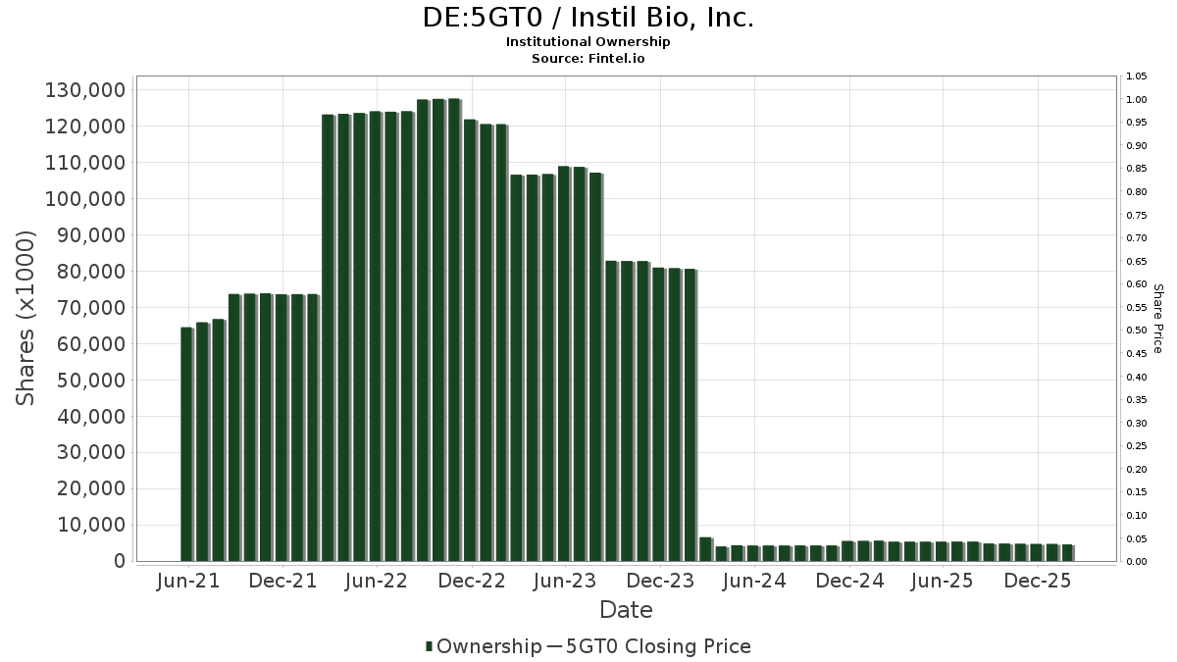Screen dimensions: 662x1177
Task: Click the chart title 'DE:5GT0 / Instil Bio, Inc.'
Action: (x=588, y=18)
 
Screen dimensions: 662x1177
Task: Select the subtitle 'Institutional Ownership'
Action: (x=588, y=42)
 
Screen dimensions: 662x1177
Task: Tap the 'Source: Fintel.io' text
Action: (x=588, y=59)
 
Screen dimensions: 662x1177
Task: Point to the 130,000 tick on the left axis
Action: (x=85, y=90)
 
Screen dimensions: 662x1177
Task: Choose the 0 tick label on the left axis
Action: (x=119, y=561)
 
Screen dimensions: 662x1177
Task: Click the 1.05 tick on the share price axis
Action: (x=1137, y=76)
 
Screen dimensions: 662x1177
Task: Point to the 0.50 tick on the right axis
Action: (x=1137, y=331)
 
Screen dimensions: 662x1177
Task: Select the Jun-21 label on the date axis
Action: (x=188, y=581)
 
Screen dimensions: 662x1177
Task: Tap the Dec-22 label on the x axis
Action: (x=472, y=581)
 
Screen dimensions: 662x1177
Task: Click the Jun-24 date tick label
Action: (x=754, y=581)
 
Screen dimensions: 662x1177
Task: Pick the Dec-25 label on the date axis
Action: (x=1038, y=581)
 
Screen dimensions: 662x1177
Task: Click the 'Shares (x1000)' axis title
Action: (x=26, y=318)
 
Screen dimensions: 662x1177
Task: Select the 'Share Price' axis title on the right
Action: (x=1157, y=318)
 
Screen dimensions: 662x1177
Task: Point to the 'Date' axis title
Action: (x=626, y=610)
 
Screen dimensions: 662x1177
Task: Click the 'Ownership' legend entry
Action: (x=488, y=646)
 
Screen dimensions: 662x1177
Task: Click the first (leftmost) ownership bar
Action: (x=186, y=443)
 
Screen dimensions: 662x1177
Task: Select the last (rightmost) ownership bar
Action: (x=1067, y=552)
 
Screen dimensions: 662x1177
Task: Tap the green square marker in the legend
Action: (x=430, y=646)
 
